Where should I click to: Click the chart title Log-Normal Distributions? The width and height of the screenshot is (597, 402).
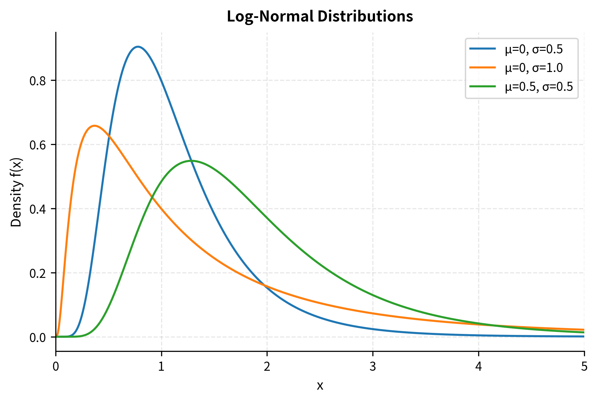[320, 16]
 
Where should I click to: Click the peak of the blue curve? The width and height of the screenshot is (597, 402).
[138, 47]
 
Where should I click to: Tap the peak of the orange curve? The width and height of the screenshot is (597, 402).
[94, 125]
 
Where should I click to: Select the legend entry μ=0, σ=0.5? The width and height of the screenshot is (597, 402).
[534, 49]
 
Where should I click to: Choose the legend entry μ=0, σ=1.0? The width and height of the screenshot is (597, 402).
[534, 68]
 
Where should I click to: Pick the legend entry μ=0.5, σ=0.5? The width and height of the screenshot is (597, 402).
[539, 87]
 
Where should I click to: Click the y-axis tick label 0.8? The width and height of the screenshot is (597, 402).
[38, 81]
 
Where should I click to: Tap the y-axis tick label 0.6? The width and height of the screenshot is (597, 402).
[38, 145]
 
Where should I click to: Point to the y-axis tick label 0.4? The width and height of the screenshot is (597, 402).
[38, 209]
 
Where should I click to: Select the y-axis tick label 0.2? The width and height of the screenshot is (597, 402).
[38, 273]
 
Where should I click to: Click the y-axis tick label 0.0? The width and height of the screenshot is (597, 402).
[38, 337]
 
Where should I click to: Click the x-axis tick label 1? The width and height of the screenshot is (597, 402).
[161, 367]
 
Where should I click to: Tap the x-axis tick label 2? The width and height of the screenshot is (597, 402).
[267, 367]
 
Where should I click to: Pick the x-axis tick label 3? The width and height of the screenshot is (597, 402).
[373, 367]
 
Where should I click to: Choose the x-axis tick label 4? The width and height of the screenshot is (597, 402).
[479, 367]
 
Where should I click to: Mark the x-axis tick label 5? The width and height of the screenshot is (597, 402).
[584, 367]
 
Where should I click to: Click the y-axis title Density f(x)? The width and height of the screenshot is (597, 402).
[16, 192]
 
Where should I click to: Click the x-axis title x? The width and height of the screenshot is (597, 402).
[320, 386]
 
